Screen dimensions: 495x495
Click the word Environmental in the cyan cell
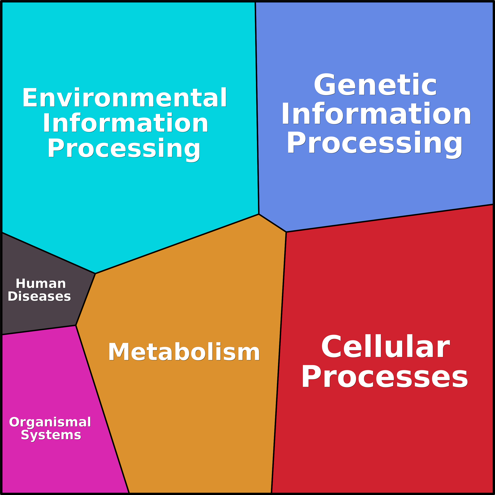pos(125,97)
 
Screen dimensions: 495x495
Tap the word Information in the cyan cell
pos(126,123)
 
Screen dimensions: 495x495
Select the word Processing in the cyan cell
pos(124,149)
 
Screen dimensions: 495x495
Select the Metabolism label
pos(184,352)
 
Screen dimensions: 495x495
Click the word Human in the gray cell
pos(41,284)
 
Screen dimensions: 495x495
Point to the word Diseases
pos(39,296)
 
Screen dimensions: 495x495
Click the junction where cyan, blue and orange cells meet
pos(259,214)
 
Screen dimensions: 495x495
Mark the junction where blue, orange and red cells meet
pos(286,232)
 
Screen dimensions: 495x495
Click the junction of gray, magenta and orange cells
pos(76,325)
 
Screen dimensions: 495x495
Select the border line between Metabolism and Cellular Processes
pos(279,362)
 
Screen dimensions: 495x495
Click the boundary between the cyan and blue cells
pos(257,108)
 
